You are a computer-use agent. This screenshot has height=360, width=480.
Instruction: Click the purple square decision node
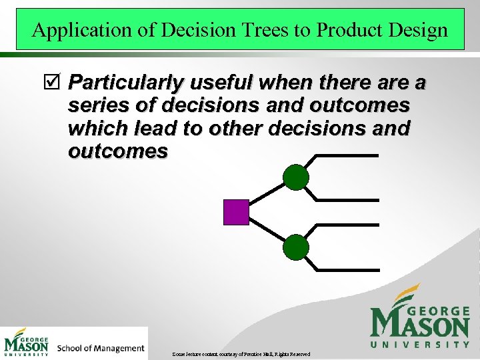236,212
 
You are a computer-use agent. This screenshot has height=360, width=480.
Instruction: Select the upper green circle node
296,177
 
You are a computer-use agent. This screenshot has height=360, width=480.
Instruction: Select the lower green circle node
296,247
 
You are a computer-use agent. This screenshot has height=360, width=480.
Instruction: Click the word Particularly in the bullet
126,83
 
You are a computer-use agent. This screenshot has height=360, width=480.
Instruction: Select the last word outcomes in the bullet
117,151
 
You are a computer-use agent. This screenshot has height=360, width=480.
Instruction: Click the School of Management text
101,348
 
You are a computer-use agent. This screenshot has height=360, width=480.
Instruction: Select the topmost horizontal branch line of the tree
345,155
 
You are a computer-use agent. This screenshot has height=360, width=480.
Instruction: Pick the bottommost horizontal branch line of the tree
345,270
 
